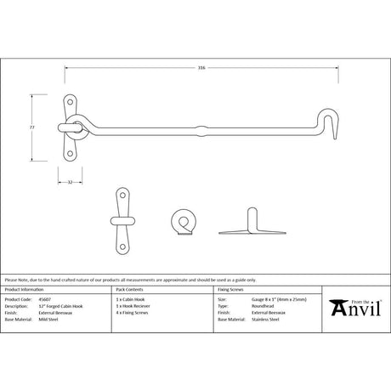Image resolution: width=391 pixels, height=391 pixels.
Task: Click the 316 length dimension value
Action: (x=201, y=68)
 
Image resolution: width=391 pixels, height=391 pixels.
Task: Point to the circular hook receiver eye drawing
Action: (x=181, y=224)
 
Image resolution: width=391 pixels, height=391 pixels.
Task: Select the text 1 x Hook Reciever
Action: (x=133, y=307)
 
